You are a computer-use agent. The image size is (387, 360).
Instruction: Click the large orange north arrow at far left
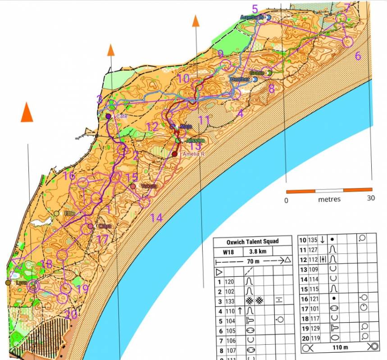coord(27,112)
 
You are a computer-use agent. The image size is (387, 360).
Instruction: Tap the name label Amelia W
coord(251,17)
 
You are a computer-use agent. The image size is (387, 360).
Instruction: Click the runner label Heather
coord(240,79)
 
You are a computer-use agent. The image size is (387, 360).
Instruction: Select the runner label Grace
coord(257,72)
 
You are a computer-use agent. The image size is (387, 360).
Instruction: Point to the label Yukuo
coord(149,186)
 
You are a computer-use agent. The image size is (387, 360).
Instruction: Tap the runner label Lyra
coord(21,282)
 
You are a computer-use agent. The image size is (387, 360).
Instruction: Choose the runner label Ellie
coord(69,213)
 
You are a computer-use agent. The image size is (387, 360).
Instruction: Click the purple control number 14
coord(156,218)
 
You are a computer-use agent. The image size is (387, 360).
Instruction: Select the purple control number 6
coord(358,56)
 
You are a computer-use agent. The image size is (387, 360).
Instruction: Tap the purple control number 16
coord(69,176)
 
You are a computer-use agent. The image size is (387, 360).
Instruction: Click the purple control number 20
coord(71,315)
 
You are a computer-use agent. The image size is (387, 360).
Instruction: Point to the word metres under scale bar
coord(329,199)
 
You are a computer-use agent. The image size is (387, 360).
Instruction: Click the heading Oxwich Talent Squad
coord(252,242)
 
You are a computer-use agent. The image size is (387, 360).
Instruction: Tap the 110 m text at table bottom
coord(336,347)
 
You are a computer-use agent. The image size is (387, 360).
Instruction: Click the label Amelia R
coord(194,154)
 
